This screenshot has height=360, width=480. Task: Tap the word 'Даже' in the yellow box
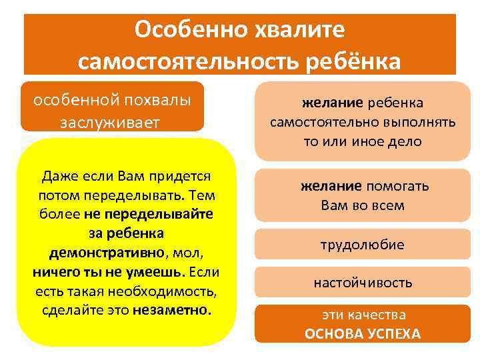[59, 177]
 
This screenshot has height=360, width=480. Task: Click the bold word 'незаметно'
[171, 311]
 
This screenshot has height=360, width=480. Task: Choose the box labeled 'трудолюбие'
[363, 245]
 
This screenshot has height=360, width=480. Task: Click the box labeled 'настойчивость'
[363, 283]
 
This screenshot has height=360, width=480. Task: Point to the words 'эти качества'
[363, 315]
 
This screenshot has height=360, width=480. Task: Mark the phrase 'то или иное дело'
[363, 142]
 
